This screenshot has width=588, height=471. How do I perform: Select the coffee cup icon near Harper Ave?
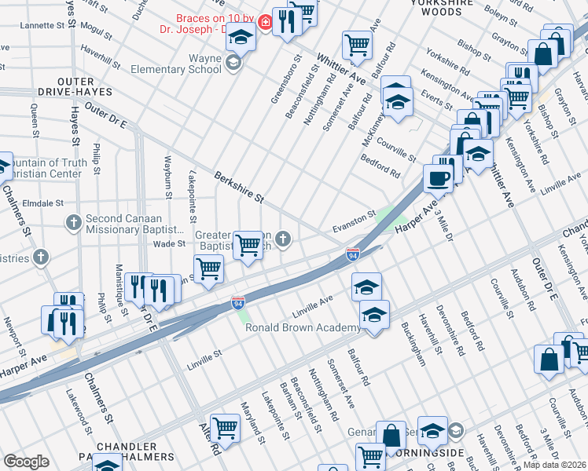(438, 178)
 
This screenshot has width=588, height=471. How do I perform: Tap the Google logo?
(26, 461)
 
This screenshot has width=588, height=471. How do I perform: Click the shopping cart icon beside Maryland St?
(225, 428)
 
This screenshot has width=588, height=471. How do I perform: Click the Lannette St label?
(30, 26)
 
